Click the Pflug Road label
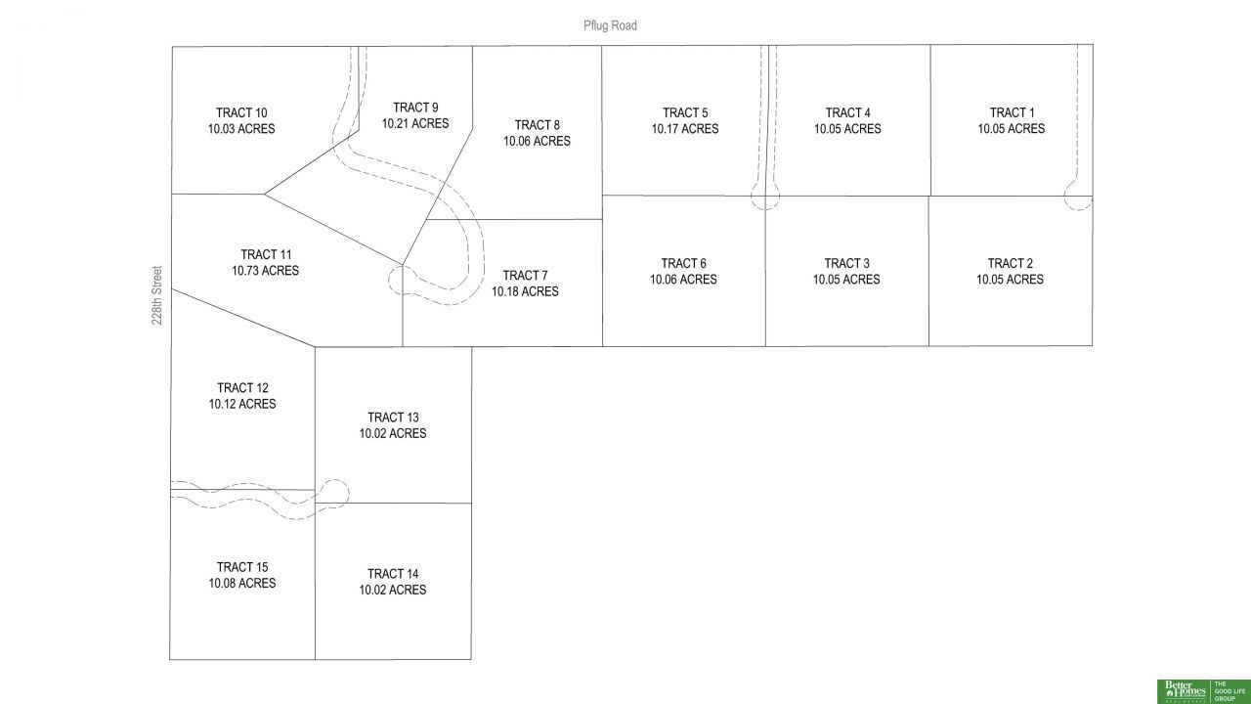coord(610,25)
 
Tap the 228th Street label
coord(157,293)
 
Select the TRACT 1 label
coord(1011,112)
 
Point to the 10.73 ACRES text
coord(265,271)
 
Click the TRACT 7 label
coord(525,276)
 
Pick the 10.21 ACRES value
coord(415,123)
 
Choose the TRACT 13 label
coord(393,418)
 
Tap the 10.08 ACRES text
coord(241,584)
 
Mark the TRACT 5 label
coord(684,112)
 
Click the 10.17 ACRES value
coord(684,129)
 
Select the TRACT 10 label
coord(241,112)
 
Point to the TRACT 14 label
coord(393,574)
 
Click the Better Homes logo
coord(1184,690)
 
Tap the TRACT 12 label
coord(242,388)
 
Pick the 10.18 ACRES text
coord(525,291)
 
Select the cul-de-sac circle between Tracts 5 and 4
coord(765,198)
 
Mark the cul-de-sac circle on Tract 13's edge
coord(334,492)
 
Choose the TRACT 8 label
coord(537,125)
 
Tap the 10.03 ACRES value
coord(241,129)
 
